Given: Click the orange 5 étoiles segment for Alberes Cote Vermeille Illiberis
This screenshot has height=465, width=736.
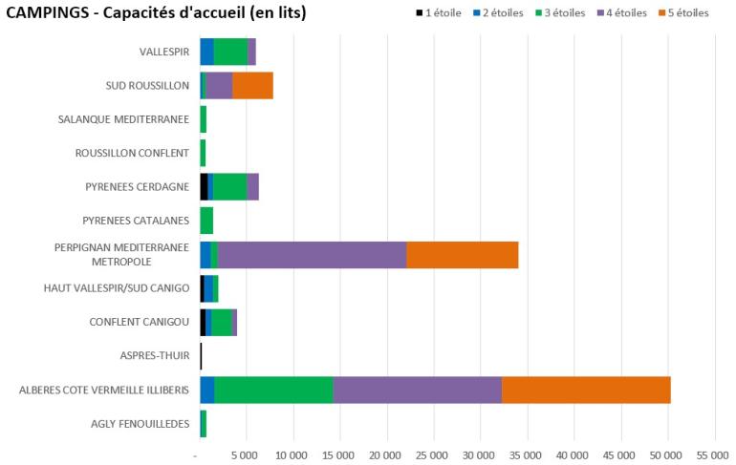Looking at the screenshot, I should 586,391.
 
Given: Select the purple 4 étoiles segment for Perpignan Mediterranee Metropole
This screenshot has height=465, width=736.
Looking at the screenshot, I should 312,255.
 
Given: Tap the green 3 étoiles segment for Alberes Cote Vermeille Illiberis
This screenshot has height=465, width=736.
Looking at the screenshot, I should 273,391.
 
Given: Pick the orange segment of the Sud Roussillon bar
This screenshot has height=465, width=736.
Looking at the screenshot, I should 252,85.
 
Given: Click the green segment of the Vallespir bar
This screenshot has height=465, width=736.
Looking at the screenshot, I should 230,52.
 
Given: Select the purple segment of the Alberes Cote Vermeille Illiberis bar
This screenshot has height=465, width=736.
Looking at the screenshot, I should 417,391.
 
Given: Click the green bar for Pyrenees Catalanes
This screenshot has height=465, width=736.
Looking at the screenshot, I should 206,221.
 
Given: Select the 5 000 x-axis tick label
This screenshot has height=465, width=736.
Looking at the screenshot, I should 245,455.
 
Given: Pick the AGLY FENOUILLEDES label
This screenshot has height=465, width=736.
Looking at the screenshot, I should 141,424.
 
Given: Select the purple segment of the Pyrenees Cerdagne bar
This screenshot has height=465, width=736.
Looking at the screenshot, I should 252,187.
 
